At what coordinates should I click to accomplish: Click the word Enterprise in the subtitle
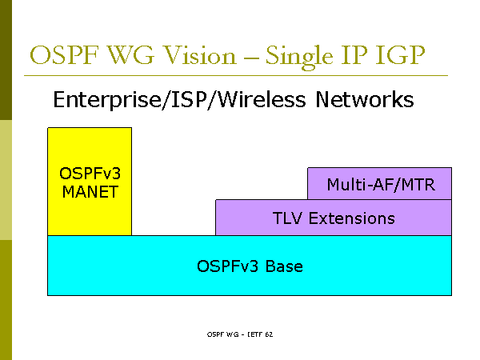98,100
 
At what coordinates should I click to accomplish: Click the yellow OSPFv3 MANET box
90,182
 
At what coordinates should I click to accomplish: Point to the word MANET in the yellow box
90,192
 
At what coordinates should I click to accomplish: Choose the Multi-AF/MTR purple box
380,184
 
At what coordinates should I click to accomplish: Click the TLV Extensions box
334,218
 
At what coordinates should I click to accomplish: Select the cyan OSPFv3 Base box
250,266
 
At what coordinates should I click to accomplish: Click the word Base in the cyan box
284,266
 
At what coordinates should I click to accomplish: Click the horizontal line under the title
240,76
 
